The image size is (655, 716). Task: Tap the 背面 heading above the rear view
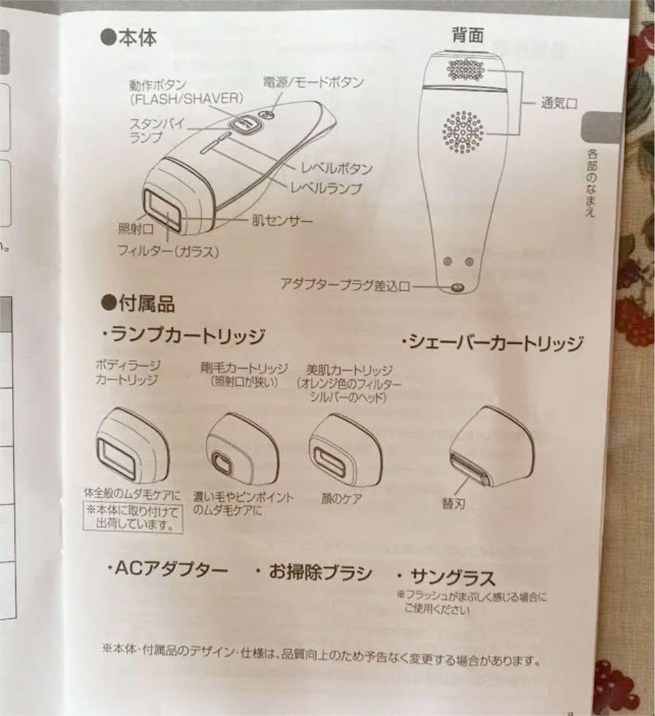[x=468, y=34]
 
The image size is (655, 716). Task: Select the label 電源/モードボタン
[x=313, y=82]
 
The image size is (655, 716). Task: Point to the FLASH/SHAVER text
[x=186, y=99]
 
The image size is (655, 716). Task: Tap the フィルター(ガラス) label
[x=168, y=251]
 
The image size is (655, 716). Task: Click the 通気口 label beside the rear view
[x=559, y=103]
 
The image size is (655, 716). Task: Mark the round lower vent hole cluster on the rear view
[x=463, y=132]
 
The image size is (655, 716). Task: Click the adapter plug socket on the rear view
[x=457, y=287]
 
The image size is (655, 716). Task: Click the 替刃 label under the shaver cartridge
[x=454, y=504]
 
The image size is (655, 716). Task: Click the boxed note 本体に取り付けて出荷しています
[x=133, y=517]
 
